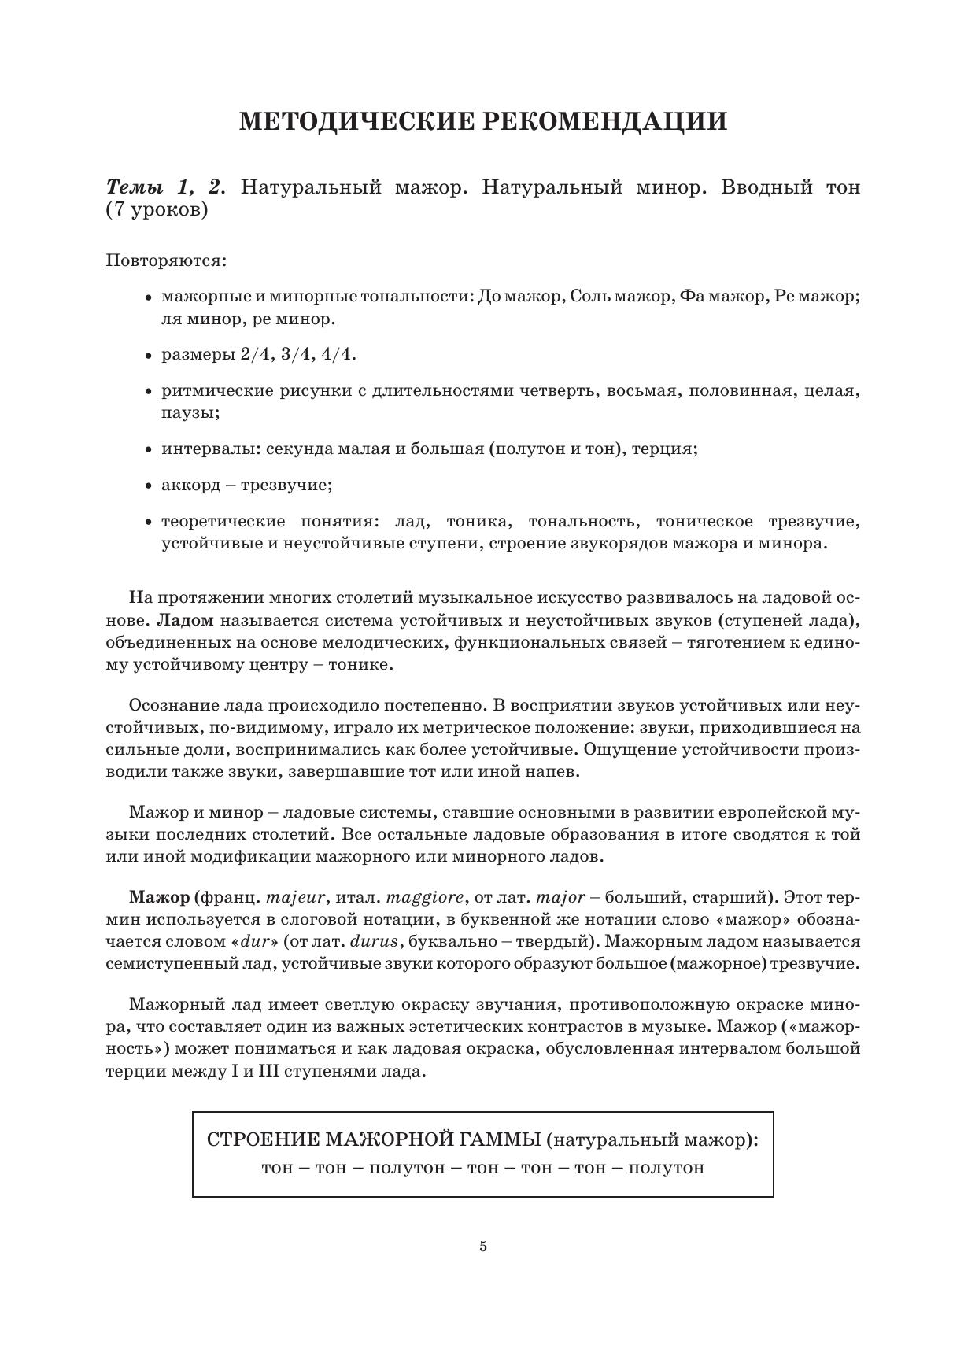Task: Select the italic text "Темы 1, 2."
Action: pos(166,187)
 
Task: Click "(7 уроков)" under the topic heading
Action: pos(157,211)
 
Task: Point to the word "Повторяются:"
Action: pos(166,260)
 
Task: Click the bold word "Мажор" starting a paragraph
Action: pos(159,897)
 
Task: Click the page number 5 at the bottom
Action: pos(483,1246)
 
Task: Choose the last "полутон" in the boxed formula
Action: pos(667,1168)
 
